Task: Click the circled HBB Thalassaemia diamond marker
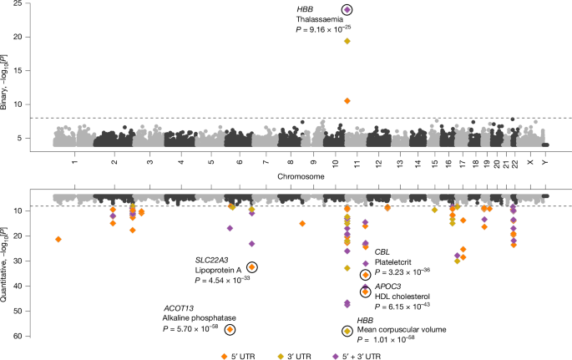(347, 10)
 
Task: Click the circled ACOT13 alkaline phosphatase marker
(230, 330)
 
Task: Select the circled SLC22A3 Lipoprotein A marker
(252, 266)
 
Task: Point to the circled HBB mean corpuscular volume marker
(347, 332)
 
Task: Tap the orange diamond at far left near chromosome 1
(58, 240)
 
